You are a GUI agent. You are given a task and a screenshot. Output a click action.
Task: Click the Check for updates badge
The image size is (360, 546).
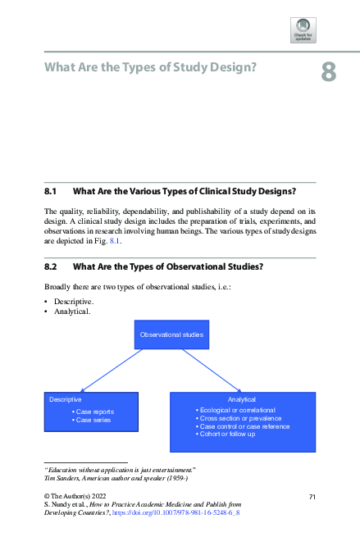pyautogui.click(x=303, y=30)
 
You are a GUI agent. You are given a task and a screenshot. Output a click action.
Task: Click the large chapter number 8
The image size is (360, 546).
pyautogui.click(x=327, y=73)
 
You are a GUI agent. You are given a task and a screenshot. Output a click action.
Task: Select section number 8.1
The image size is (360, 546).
pyautogui.click(x=49, y=191)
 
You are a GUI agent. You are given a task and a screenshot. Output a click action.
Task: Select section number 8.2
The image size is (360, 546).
pyautogui.click(x=49, y=266)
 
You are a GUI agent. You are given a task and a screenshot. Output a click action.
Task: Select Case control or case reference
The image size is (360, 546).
pyautogui.click(x=244, y=426)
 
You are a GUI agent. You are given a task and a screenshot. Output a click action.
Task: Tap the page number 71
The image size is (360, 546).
pyautogui.click(x=312, y=497)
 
